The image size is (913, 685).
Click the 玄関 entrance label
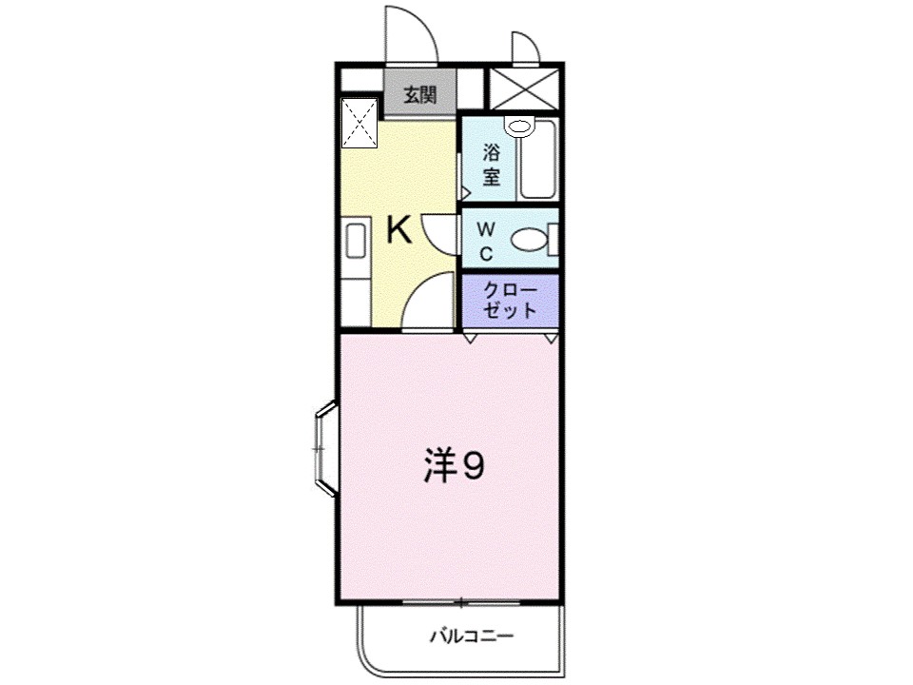[x=419, y=95]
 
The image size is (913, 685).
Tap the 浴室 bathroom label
[x=492, y=164]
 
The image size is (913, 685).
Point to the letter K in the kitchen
[x=398, y=231]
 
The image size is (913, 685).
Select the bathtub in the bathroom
[x=537, y=164]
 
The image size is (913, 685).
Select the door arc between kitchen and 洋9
[x=426, y=300]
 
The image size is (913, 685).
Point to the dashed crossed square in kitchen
[x=359, y=124]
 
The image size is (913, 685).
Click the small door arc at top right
[x=525, y=48]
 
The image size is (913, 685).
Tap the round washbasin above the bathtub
[x=519, y=127]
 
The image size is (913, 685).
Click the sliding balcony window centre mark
[x=460, y=602]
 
